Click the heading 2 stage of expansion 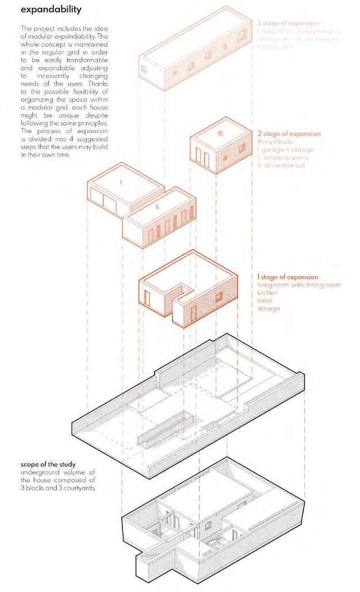289,133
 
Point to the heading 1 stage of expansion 287,277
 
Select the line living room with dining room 298,285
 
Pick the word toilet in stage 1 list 266,301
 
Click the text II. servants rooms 283,157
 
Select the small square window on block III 225,156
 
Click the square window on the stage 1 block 219,297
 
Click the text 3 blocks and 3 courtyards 59,489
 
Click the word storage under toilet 269,309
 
